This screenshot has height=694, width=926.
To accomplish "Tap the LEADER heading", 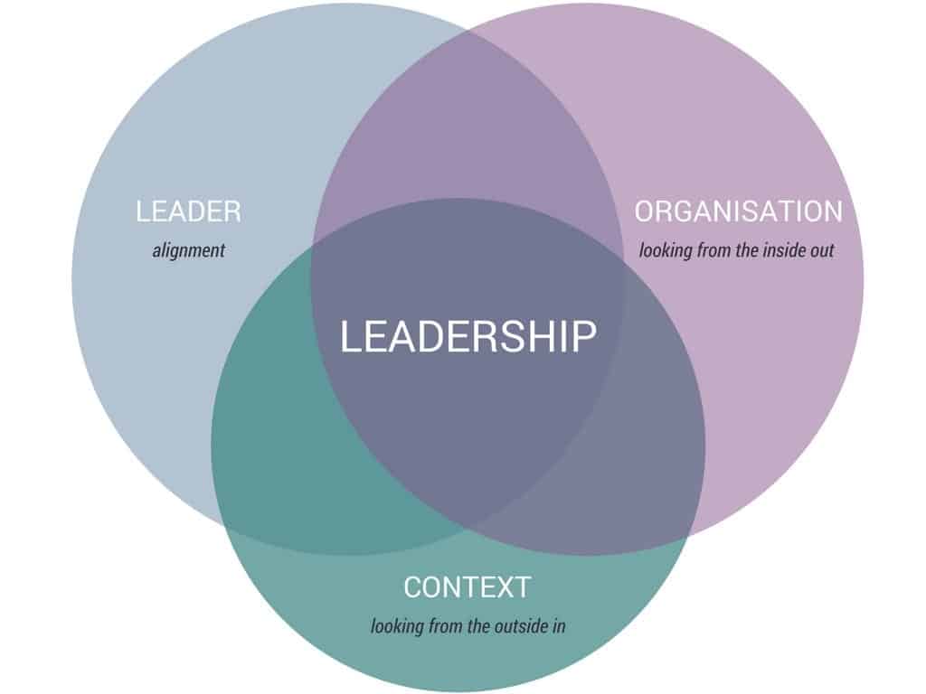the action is [188, 211].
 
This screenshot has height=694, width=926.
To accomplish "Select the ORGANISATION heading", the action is [738, 211].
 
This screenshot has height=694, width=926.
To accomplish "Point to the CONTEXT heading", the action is [468, 587].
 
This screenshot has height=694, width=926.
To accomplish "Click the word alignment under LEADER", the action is [188, 251].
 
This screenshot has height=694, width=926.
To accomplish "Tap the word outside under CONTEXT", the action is [520, 625].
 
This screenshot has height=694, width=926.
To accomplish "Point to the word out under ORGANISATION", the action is [821, 250].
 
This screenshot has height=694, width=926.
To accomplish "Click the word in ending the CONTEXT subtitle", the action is [559, 625].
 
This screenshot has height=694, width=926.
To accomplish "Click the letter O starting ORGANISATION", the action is [645, 211].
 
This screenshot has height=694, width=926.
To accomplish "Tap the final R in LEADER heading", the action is [232, 211].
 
